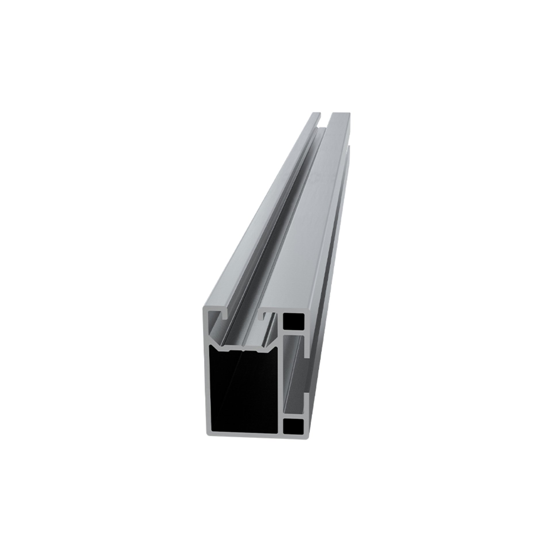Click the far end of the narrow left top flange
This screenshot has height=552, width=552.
click(316, 115)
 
